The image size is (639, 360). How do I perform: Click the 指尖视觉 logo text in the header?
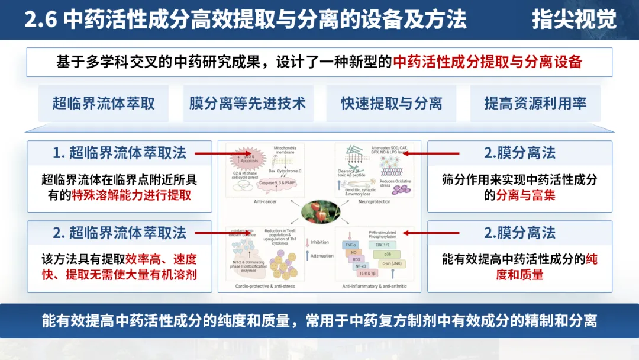573,20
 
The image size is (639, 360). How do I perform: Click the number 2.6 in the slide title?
40,20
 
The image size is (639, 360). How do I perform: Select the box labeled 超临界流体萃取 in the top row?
104,104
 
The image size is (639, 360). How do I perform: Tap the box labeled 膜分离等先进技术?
247,104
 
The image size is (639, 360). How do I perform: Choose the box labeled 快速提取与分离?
391,104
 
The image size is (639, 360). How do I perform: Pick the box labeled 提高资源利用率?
535,104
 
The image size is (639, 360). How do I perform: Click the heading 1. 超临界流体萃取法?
119,153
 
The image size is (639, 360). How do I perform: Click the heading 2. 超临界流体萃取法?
119,233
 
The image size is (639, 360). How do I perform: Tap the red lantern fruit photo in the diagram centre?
319,213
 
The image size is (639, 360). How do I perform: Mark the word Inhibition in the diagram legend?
319,242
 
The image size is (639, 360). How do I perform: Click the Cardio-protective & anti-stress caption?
260,286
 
